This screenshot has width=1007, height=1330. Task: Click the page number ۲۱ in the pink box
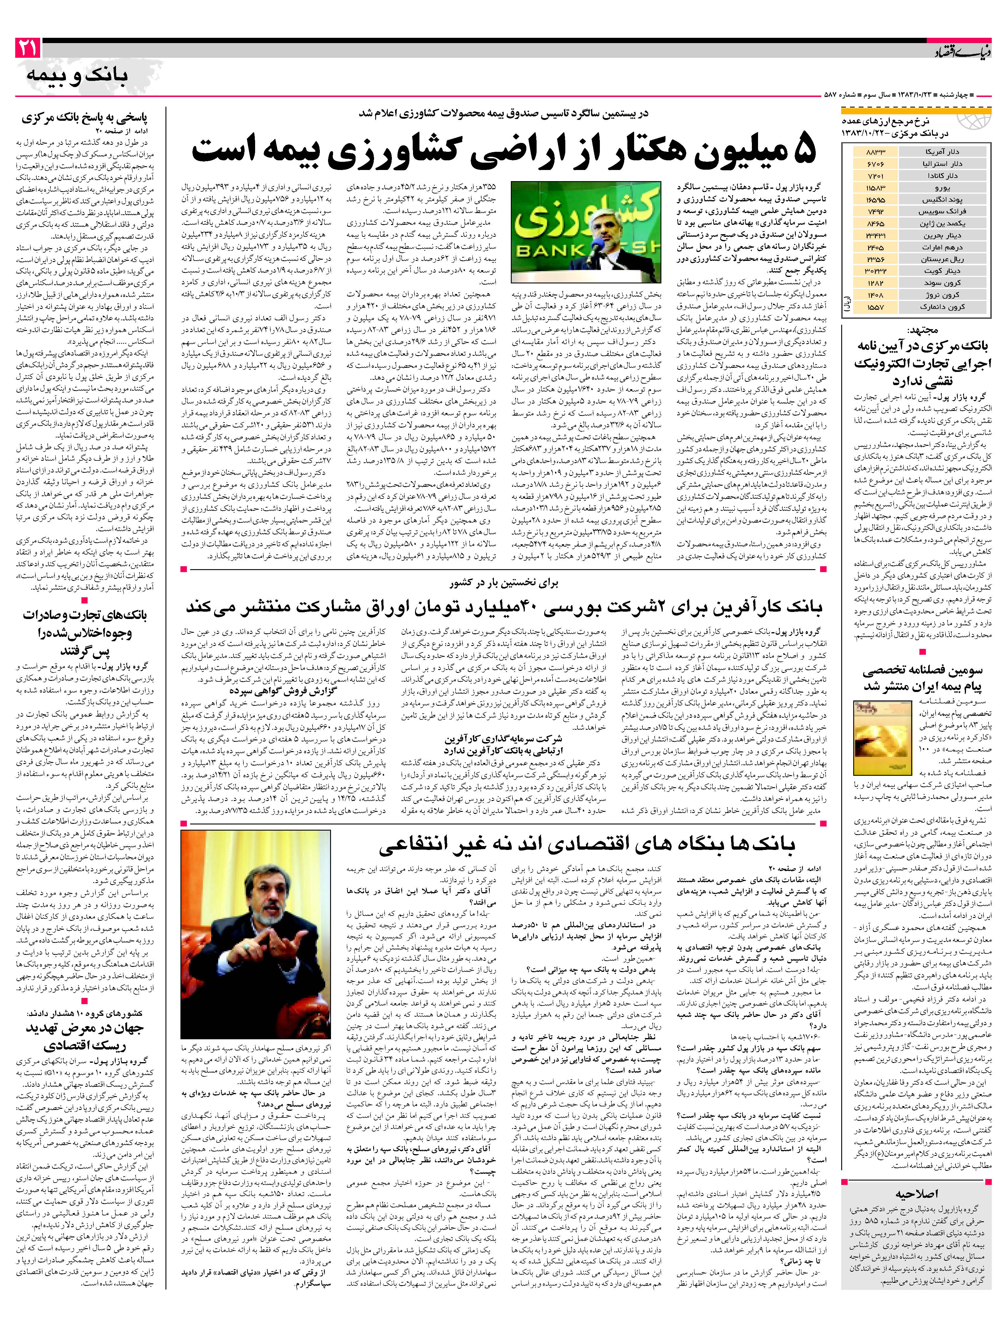28,48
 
